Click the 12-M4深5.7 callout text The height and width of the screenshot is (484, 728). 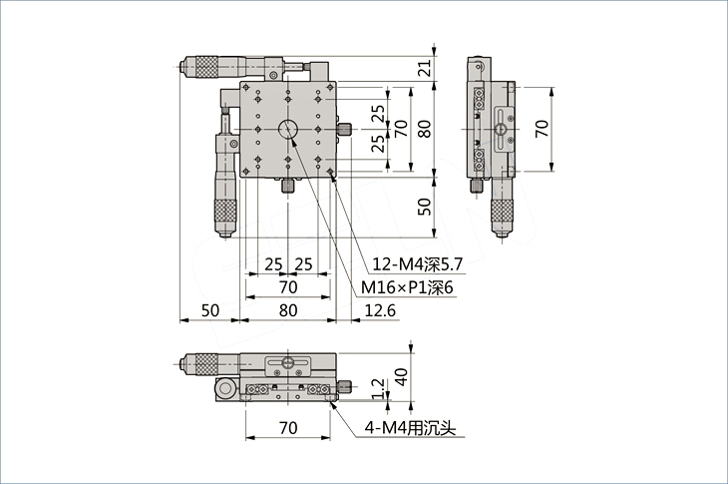click(418, 264)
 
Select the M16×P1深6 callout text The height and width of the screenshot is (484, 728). click(407, 288)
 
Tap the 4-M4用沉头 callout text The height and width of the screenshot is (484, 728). click(410, 428)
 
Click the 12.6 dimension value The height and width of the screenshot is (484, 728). click(380, 309)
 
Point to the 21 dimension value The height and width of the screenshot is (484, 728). click(425, 68)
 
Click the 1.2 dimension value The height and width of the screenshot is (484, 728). click(378, 388)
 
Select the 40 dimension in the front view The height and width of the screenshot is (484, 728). click(401, 376)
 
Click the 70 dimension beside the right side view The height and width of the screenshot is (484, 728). click(542, 128)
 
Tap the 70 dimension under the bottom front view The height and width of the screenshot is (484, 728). click(288, 427)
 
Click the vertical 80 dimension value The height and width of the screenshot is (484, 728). click(425, 128)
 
